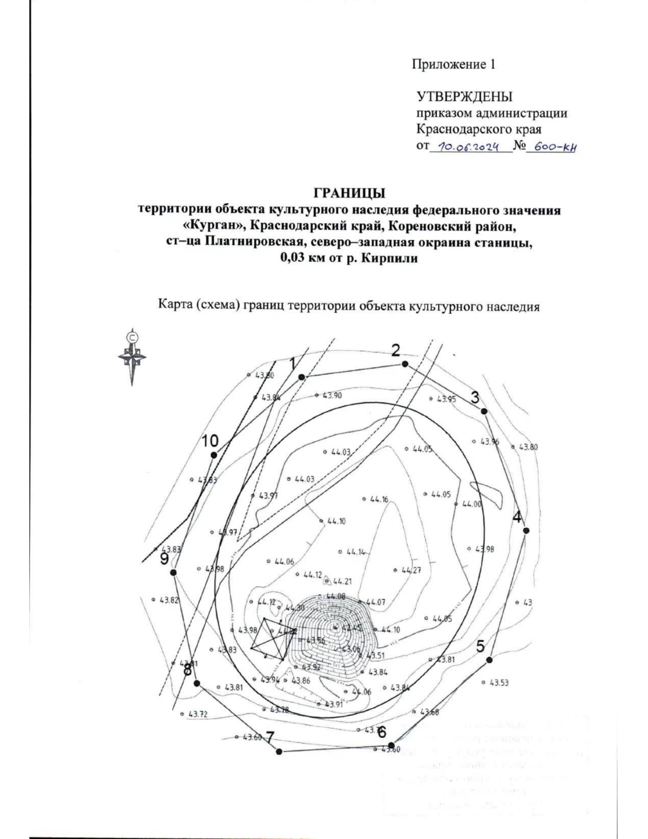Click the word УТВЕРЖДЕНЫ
coord(464,97)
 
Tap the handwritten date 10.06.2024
coord(469,146)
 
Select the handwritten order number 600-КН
coord(550,146)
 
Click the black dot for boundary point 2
coord(404,364)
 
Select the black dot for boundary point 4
coord(526,531)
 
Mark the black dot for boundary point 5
coord(489,660)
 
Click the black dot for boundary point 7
coord(279,751)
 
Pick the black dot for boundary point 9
coord(173,573)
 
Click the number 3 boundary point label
coord(475,398)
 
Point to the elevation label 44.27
coord(410,570)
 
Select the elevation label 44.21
coord(342,582)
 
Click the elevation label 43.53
coord(498,683)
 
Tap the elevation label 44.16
coord(379,500)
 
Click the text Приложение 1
coord(454,65)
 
